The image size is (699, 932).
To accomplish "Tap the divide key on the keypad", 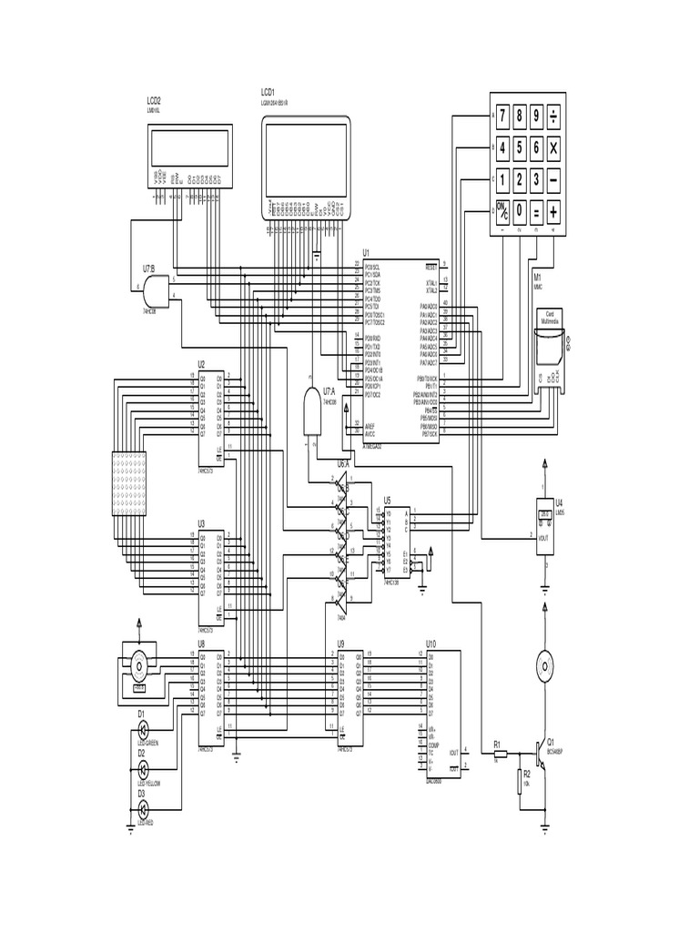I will tap(554, 116).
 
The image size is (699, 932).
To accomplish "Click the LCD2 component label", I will tap(154, 101).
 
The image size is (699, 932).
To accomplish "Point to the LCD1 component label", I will tap(268, 93).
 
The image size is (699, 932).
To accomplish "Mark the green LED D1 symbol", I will tap(143, 730).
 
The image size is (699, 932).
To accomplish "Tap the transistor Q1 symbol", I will tap(542, 752).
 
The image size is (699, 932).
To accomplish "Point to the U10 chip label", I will tap(431, 643).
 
